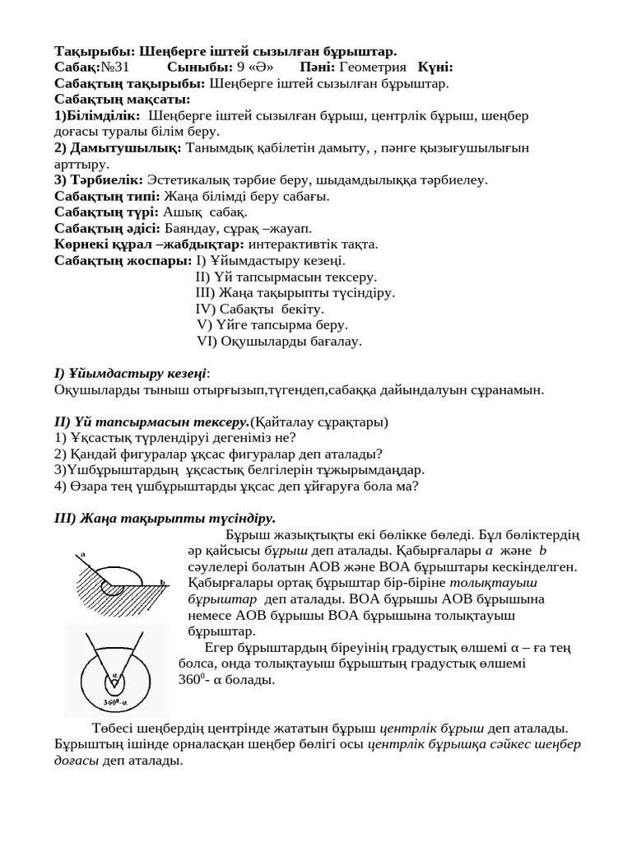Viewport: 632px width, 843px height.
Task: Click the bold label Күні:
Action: coord(435,68)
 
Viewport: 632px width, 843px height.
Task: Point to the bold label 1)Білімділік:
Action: coord(97,115)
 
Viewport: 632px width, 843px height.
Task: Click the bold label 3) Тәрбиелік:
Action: coord(99,179)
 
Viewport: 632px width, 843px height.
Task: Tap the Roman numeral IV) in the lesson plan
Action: coord(205,309)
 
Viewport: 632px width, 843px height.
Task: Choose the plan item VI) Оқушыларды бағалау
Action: coord(279,341)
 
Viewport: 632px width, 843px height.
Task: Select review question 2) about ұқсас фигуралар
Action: coord(218,454)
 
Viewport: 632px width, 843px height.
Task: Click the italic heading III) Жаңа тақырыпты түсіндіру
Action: coord(165,518)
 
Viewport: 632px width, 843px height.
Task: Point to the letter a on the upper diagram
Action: coord(83,555)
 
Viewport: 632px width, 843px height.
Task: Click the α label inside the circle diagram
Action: coord(115,674)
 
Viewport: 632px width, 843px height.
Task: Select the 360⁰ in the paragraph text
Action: coord(188,679)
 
